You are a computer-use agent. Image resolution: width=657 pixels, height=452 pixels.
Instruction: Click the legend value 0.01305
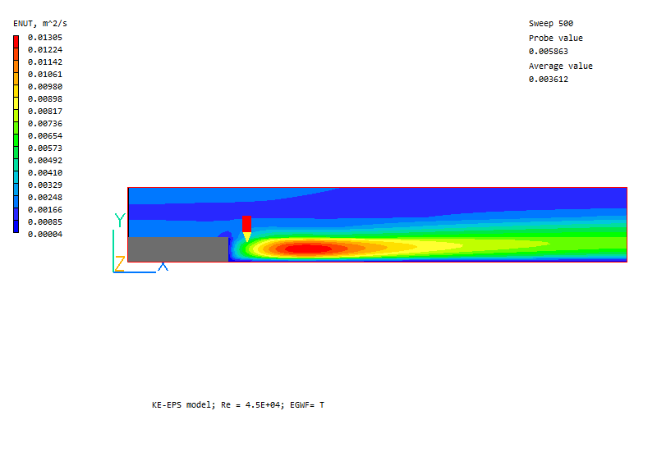pyautogui.click(x=45, y=38)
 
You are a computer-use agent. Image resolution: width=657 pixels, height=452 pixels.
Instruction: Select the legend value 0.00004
pyautogui.click(x=45, y=235)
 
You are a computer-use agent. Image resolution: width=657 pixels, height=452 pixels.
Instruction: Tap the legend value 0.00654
pyautogui.click(x=45, y=136)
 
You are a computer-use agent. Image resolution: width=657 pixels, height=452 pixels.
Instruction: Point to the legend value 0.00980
pyautogui.click(x=45, y=87)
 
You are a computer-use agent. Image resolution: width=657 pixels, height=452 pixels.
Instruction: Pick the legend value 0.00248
pyautogui.click(x=45, y=198)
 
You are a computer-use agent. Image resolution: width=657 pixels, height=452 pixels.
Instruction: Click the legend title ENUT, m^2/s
pyautogui.click(x=40, y=24)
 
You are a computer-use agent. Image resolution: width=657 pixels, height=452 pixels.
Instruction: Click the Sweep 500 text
pyautogui.click(x=551, y=24)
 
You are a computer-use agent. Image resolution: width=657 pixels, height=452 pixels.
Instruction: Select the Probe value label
pyautogui.click(x=556, y=38)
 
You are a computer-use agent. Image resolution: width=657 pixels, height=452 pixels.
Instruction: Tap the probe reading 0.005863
pyautogui.click(x=549, y=52)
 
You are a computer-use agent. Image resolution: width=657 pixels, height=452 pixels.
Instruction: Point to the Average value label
pyautogui.click(x=561, y=66)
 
